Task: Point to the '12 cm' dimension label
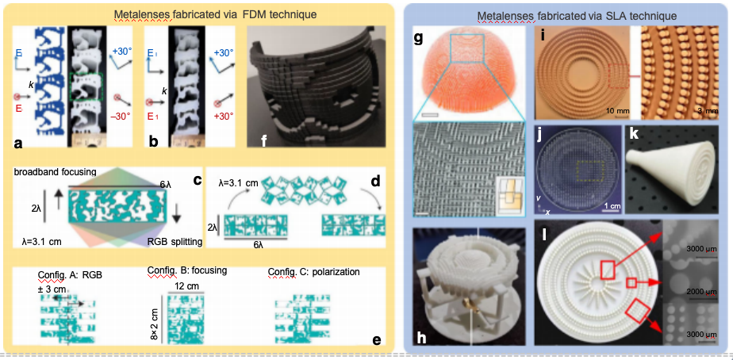pyautogui.click(x=187, y=285)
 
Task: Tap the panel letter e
pyautogui.click(x=376, y=341)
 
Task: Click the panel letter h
pyautogui.click(x=423, y=336)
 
